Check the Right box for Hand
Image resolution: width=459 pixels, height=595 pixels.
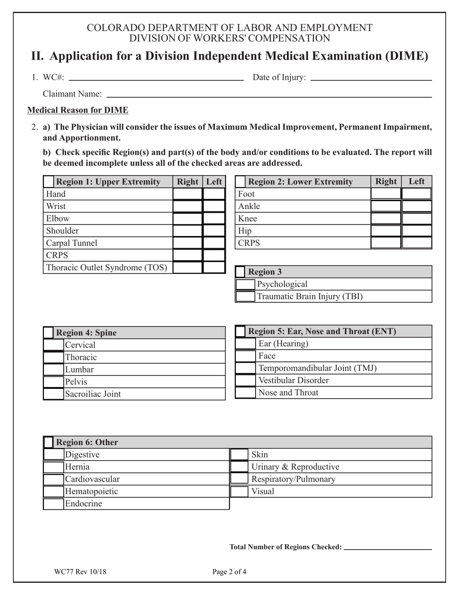(187, 194)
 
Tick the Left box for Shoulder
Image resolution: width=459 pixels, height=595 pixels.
(214, 231)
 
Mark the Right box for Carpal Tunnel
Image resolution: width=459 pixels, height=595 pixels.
(187, 243)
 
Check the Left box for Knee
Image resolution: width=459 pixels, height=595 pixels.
(416, 218)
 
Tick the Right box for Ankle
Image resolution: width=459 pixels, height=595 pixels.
(386, 206)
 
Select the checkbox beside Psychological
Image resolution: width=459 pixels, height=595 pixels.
(245, 284)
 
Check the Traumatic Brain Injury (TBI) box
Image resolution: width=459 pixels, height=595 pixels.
(245, 296)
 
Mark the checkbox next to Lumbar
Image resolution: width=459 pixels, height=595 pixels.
(53, 370)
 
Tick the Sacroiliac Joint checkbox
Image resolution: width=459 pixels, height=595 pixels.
(53, 394)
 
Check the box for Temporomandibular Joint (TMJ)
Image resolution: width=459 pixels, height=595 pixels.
(245, 368)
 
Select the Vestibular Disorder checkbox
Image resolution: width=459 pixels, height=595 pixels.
(245, 380)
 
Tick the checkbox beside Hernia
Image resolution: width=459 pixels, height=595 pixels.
(53, 467)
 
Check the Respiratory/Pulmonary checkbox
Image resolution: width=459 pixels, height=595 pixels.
(239, 479)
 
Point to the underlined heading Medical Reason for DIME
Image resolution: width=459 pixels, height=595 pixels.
(78, 110)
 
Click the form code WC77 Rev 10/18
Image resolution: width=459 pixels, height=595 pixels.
(80, 572)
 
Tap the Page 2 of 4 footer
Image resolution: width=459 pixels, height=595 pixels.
(229, 572)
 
